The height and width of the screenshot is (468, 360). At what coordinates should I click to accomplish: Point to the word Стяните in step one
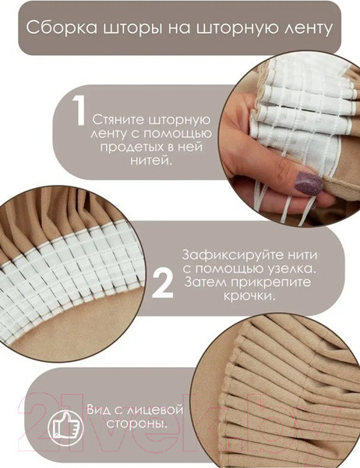[118, 122]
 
